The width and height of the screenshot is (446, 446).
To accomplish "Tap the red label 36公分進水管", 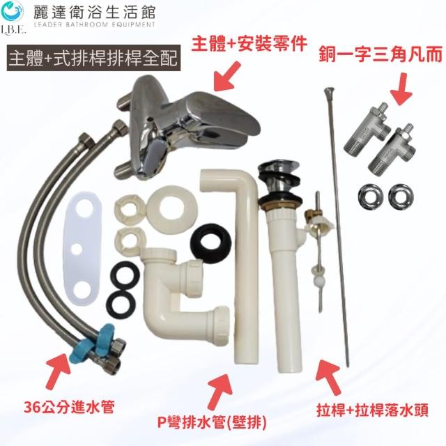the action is click(x=69, y=407).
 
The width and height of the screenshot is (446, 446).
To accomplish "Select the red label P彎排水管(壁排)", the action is click(x=212, y=423).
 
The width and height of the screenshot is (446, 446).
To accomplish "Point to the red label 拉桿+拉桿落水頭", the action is click(x=372, y=410).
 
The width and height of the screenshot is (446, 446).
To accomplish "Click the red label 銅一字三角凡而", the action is click(x=380, y=54).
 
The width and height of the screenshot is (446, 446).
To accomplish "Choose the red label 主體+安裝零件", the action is click(x=249, y=44).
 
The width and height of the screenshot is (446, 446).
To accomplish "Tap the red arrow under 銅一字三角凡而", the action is click(x=401, y=89).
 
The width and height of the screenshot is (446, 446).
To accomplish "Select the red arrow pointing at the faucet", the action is click(x=227, y=77).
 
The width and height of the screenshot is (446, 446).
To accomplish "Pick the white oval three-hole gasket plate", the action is click(x=82, y=249).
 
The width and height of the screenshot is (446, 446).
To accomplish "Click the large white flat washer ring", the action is click(x=172, y=207).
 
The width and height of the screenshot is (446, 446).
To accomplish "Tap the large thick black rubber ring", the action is click(x=210, y=243).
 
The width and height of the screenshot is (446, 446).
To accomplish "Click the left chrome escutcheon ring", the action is click(x=370, y=197).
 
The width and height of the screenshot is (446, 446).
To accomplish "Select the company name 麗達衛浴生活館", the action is click(x=94, y=13).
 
